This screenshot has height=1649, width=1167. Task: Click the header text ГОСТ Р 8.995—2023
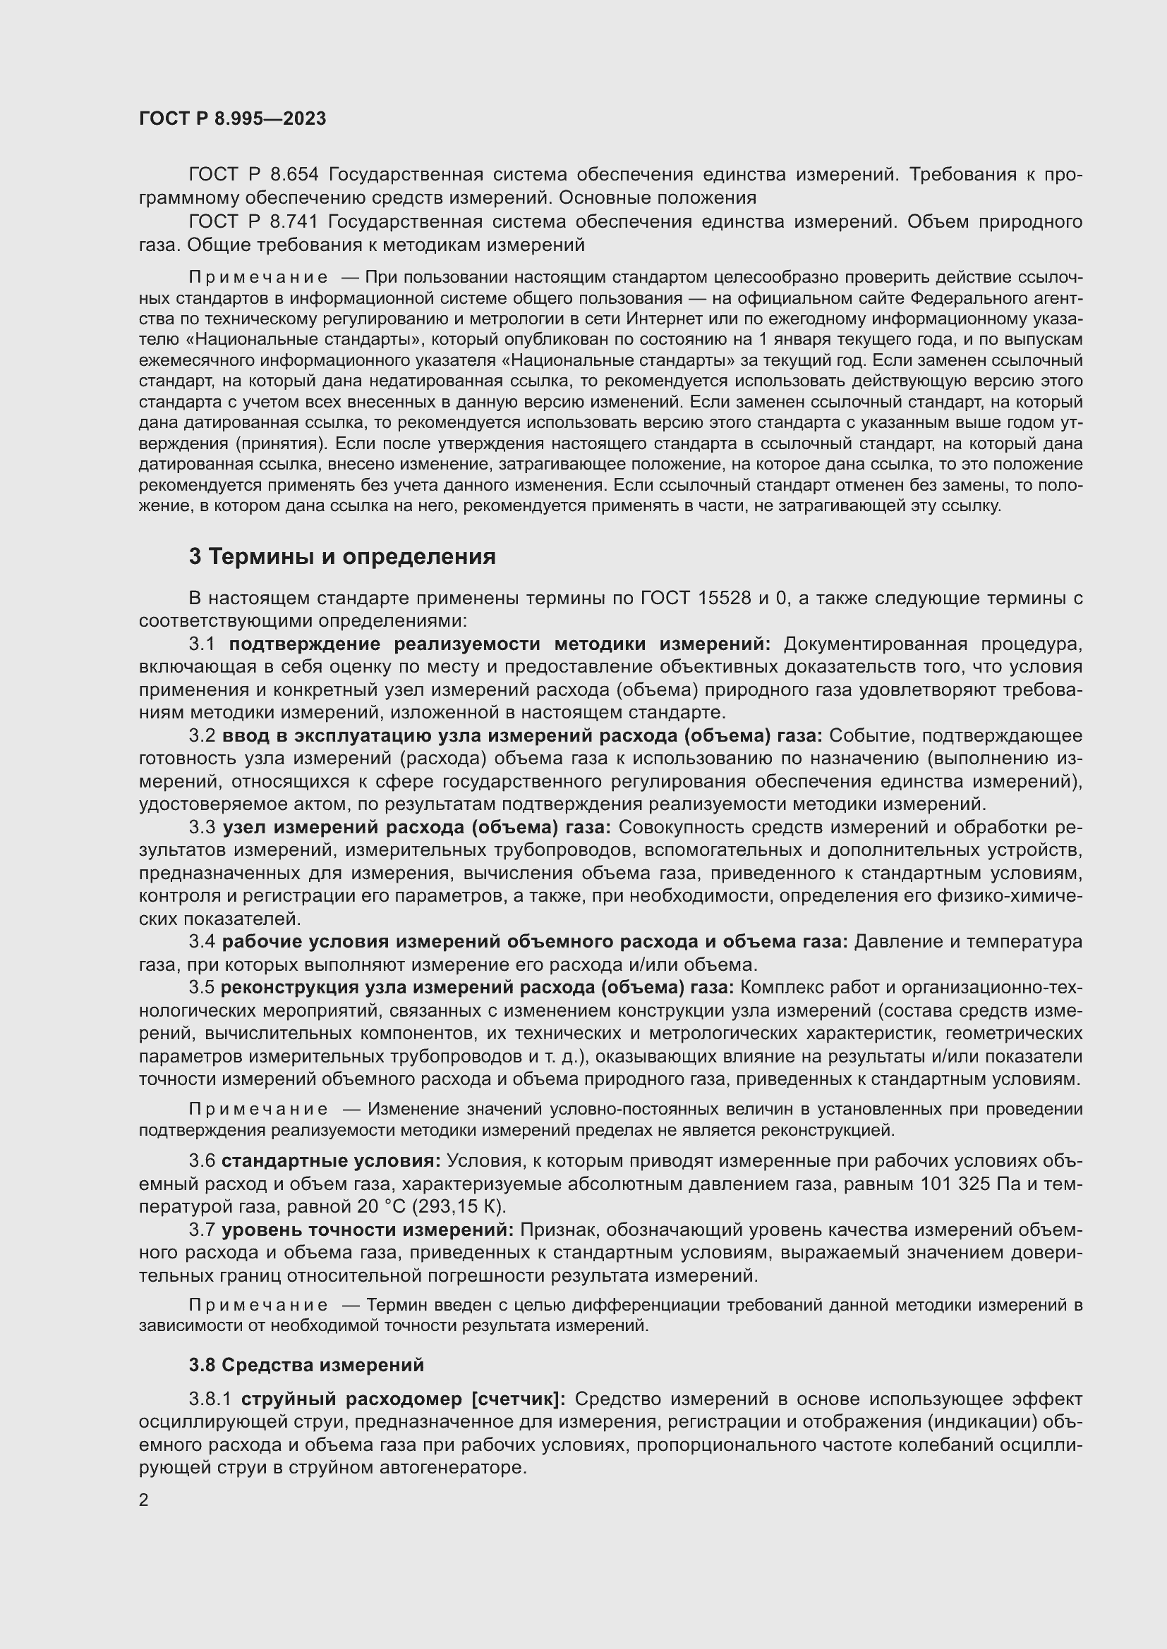(232, 118)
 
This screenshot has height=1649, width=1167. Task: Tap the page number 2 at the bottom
(144, 1499)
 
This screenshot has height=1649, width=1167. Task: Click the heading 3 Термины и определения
(342, 557)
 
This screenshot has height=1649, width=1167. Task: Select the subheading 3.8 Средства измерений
(306, 1365)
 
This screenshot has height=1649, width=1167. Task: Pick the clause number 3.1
(202, 644)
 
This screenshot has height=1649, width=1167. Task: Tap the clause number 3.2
(202, 735)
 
